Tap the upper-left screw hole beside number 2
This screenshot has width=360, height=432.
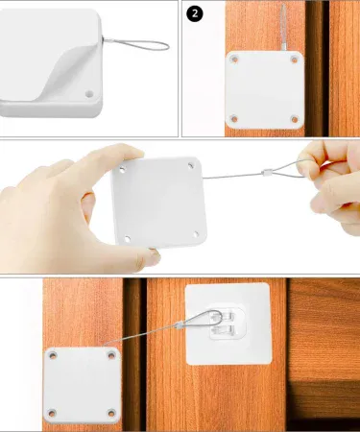click(234, 65)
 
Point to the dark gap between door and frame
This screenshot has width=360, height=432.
click(135, 346)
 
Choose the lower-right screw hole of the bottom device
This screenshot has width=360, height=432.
click(111, 414)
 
